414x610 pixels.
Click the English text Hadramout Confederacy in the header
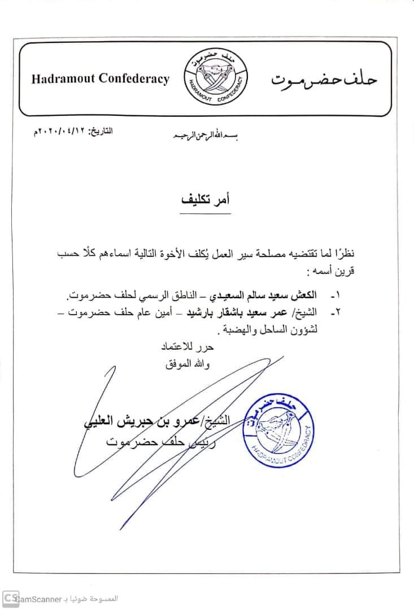100,79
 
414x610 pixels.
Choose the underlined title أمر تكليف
206,201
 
